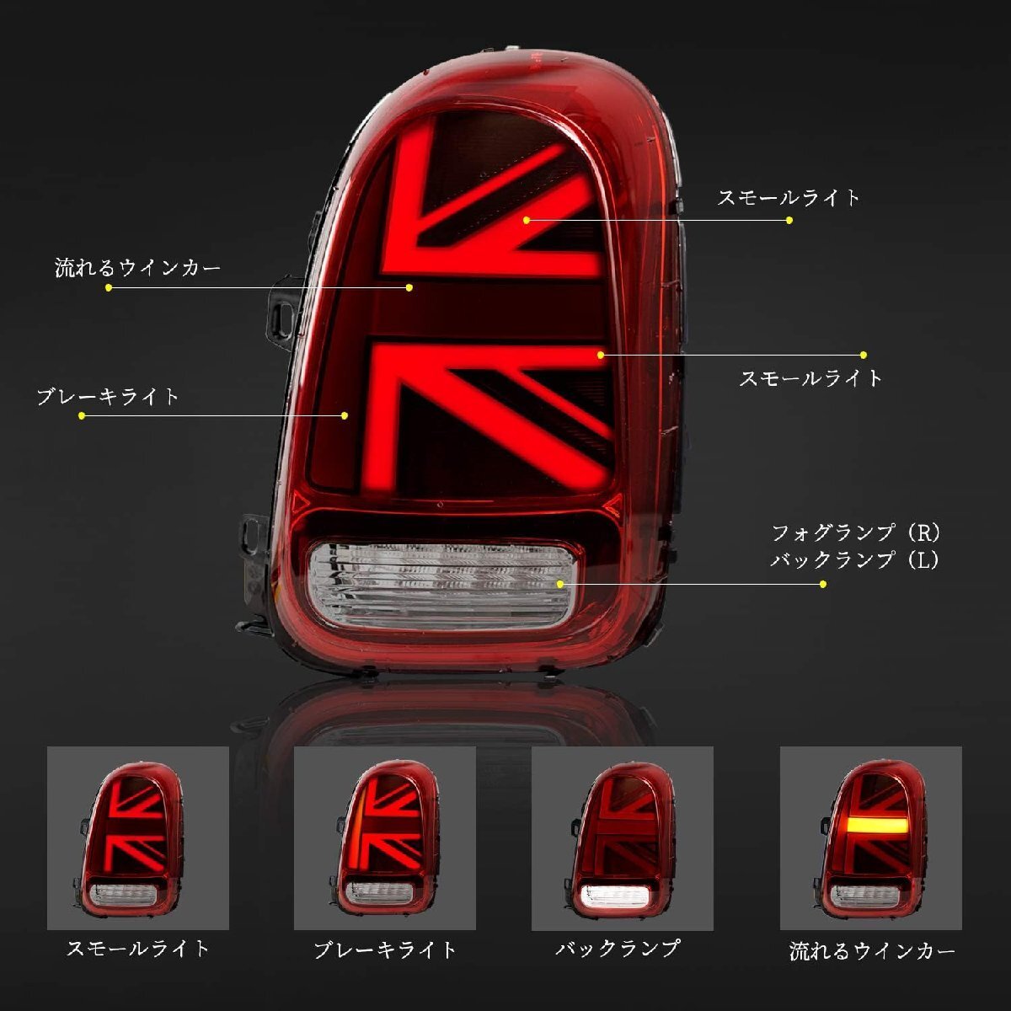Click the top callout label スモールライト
pyautogui.click(x=789, y=197)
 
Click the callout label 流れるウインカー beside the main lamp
pyautogui.click(x=137, y=268)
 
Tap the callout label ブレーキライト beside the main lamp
pyautogui.click(x=108, y=396)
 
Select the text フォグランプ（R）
pyautogui.click(x=856, y=532)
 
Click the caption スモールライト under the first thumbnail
pyautogui.click(x=137, y=949)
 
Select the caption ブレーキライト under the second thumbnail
pyautogui.click(x=385, y=950)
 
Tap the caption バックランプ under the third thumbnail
pyautogui.click(x=618, y=949)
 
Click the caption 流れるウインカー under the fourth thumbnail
pyautogui.click(x=873, y=952)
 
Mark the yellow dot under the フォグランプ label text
pyautogui.click(x=823, y=583)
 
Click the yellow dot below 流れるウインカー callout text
pyautogui.click(x=109, y=287)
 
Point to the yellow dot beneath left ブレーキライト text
pyautogui.click(x=82, y=415)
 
